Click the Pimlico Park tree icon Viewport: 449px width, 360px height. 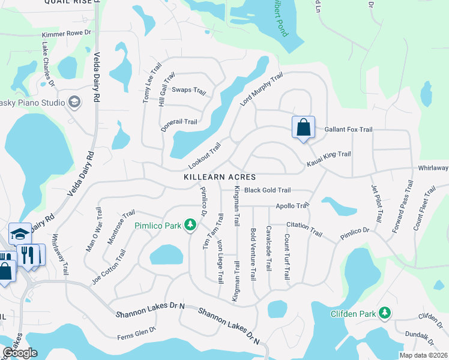tap(190, 225)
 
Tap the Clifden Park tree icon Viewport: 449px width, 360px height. tap(385, 313)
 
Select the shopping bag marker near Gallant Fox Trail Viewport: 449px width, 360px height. tap(303, 128)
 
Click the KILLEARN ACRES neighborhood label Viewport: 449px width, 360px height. tap(220, 178)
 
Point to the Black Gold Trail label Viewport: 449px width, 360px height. tap(267, 190)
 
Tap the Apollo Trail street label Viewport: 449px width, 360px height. tap(292, 206)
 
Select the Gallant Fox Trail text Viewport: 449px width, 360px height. tap(348, 129)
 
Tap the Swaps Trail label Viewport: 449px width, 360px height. tap(189, 91)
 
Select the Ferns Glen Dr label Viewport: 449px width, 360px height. tap(136, 329)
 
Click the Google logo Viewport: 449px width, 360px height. tap(20, 353)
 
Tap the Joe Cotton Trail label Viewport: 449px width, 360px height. tap(109, 268)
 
